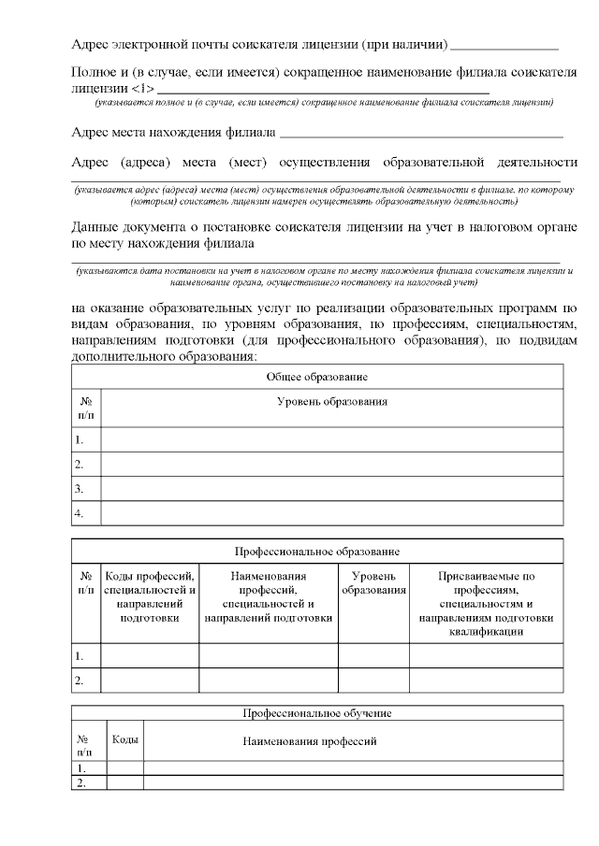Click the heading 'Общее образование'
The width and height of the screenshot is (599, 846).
[317, 377]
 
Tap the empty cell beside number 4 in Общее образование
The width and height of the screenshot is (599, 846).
[331, 513]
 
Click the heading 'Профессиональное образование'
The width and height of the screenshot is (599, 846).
[317, 552]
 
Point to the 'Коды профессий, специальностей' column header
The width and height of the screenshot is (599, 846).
[150, 597]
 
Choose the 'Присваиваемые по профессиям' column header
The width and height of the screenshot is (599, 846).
[486, 604]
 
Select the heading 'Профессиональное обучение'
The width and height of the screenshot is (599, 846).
[317, 713]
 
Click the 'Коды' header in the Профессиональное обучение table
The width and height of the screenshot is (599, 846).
[125, 739]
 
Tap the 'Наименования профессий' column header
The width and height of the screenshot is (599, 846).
[309, 741]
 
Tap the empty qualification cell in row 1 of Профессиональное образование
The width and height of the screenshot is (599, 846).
[486, 655]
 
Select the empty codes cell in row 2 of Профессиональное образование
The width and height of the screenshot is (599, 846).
[150, 680]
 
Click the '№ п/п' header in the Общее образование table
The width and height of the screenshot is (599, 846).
[85, 407]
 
